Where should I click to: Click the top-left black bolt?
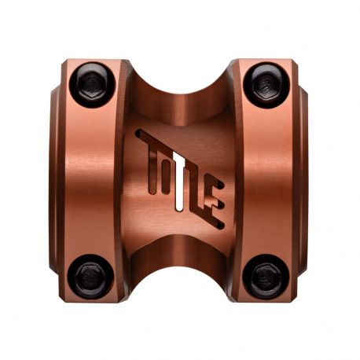(x=93, y=80)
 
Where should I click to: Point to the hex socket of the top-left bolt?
(x=90, y=81)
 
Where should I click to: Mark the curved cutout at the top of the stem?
(x=179, y=79)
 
